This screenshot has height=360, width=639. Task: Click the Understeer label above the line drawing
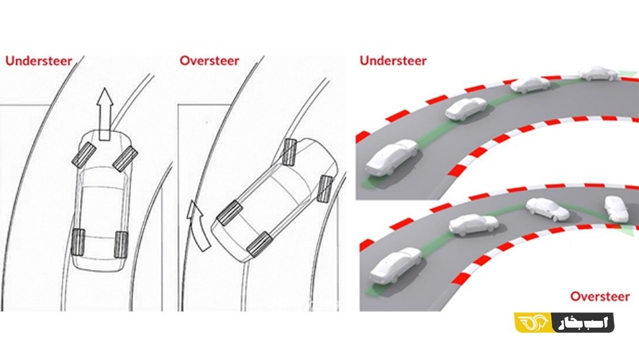[x=39, y=60]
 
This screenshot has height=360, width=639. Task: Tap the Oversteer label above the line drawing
[x=209, y=60]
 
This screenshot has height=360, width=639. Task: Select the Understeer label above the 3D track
[x=394, y=60]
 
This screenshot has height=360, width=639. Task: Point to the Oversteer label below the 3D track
[x=600, y=297]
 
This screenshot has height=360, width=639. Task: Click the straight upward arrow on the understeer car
[x=105, y=114]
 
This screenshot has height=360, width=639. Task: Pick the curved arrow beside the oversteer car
[x=198, y=225]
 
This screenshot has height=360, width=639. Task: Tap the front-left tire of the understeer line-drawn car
[x=84, y=155]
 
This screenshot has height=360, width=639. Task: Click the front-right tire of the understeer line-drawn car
[x=125, y=158]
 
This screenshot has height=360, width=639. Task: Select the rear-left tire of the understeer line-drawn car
[x=78, y=242]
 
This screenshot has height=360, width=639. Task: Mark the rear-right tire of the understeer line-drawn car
[x=122, y=244]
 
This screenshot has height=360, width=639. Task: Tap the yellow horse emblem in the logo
[x=533, y=323]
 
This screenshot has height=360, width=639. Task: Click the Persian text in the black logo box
[x=583, y=323]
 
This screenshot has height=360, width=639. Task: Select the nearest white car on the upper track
[x=391, y=158]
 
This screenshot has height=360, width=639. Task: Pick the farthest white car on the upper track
[x=598, y=73]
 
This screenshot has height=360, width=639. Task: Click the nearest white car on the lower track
[x=396, y=266]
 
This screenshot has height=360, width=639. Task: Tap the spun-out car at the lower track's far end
[x=617, y=209]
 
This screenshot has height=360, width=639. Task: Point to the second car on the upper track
[x=466, y=109]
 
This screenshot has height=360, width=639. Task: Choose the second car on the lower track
[x=473, y=225]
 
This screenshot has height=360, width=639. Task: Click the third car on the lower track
[x=548, y=210]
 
